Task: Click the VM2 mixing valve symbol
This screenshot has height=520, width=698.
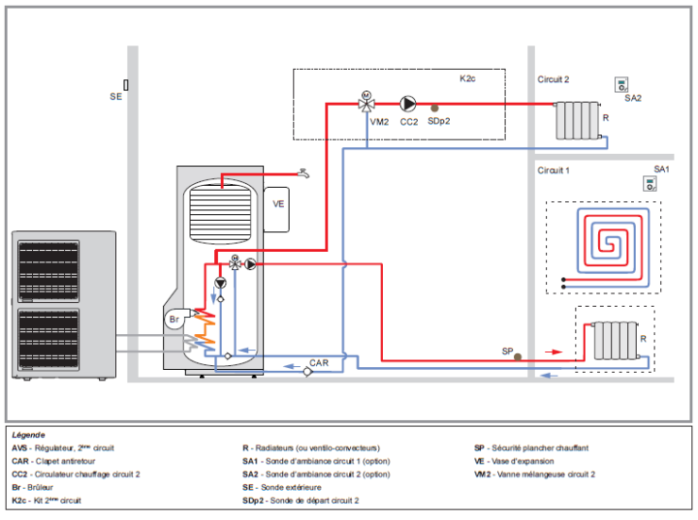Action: [x=366, y=103]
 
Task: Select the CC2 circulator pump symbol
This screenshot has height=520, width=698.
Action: [x=407, y=104]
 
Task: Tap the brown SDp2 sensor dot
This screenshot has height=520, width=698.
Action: [x=435, y=108]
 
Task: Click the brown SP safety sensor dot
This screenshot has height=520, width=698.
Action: [x=518, y=357]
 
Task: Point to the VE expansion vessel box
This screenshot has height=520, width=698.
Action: [x=276, y=210]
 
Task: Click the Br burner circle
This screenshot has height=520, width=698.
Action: [x=174, y=319]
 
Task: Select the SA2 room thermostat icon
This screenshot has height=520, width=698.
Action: [x=622, y=85]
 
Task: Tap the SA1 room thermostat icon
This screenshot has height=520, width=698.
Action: [x=650, y=183]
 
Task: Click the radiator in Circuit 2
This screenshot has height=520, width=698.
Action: [x=578, y=120]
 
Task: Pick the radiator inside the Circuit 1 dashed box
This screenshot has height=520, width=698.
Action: [x=616, y=340]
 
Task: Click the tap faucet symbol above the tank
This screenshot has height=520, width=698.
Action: [x=304, y=174]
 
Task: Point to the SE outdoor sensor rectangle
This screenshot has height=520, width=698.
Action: [x=126, y=85]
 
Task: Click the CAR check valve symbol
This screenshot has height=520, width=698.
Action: [x=307, y=371]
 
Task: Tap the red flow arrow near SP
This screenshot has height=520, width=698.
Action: [x=554, y=352]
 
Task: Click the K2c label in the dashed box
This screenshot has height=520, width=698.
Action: [x=468, y=78]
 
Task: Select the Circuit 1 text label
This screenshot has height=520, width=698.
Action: [x=554, y=171]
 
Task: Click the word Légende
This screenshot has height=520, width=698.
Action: [x=28, y=435]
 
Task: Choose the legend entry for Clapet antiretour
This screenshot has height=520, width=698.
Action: [x=54, y=461]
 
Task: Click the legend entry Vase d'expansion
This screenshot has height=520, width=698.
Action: [x=514, y=461]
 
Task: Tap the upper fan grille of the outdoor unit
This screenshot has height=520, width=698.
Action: [x=48, y=271]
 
